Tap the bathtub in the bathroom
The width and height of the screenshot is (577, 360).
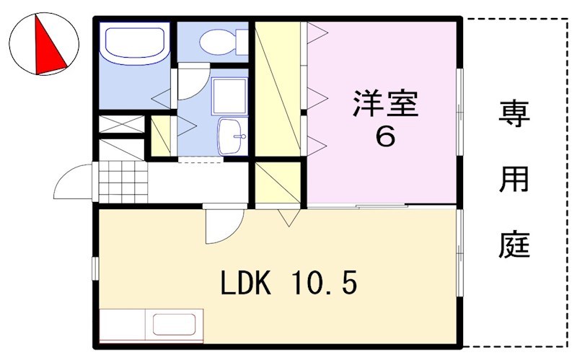(134, 47)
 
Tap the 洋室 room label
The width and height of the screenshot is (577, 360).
(385, 105)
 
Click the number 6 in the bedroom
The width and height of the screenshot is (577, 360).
(385, 137)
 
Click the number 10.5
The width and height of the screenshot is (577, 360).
(325, 284)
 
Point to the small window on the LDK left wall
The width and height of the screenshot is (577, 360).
(94, 268)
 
